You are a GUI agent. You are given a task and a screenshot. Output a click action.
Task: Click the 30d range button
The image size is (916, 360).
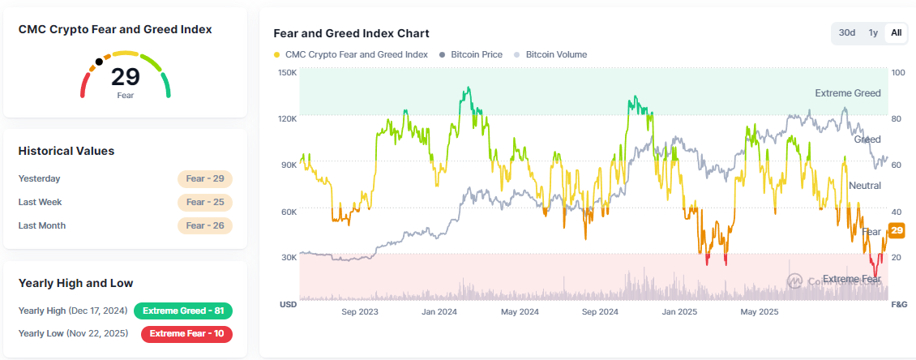847,32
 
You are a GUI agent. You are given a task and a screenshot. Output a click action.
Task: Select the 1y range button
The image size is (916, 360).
873,32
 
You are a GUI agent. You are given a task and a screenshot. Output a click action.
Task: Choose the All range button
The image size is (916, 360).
896,32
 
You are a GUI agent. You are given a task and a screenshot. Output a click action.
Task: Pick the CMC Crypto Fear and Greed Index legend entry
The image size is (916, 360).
351,54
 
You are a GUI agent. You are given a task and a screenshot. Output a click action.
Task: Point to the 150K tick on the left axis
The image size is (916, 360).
288,72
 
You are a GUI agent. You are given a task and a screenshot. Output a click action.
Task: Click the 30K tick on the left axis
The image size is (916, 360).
288,257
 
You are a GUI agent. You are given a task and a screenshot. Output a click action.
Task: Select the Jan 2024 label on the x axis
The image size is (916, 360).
440,311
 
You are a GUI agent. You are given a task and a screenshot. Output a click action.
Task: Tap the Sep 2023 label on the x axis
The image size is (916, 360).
361,311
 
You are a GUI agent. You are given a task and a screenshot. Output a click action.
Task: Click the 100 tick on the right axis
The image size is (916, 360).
897,72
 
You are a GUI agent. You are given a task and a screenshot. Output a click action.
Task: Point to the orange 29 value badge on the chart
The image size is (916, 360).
897,231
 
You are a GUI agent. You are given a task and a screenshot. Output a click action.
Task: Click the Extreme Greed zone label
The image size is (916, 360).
847,93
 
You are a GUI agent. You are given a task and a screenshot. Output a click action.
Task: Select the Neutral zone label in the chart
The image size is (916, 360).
864,186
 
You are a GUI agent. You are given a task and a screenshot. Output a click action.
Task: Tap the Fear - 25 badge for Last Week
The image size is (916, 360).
205,202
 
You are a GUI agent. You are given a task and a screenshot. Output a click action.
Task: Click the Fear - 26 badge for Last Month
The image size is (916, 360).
205,225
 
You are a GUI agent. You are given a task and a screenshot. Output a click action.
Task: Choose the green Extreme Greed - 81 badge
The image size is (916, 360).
183,311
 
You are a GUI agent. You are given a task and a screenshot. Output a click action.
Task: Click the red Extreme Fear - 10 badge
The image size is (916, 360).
186,333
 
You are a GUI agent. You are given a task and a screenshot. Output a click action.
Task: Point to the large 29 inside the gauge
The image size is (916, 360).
126,77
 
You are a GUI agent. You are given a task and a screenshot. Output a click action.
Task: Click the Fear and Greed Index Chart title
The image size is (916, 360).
351,33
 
